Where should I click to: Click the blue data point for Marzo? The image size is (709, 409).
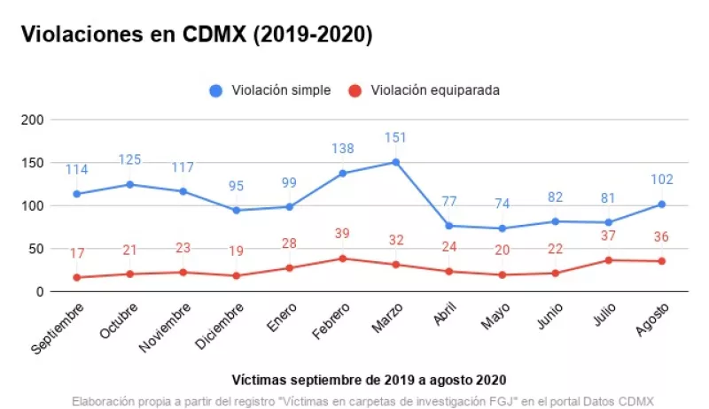395,162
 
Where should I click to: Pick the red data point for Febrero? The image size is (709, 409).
342,259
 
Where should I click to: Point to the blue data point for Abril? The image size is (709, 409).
448,226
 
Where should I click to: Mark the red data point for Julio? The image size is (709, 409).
608,260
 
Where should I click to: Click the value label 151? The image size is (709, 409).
395,139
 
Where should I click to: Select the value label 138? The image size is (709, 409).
342,150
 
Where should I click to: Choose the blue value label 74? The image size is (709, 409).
502,204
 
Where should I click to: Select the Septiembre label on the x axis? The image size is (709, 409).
59,329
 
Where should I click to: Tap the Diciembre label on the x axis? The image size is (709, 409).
219,328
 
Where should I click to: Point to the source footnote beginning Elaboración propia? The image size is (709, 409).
362,400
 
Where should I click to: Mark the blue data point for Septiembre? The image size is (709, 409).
77,194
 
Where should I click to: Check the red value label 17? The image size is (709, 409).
77,254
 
